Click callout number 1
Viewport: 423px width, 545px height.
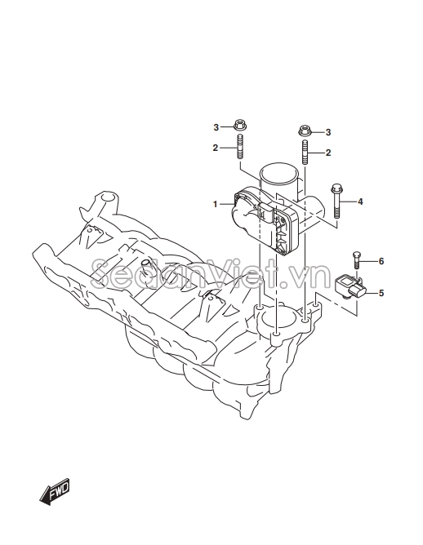[216, 204]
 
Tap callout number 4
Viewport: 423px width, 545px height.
[360, 202]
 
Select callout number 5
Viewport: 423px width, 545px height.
[381, 293]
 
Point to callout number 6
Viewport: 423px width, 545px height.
[381, 261]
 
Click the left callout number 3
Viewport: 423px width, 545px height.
[216, 127]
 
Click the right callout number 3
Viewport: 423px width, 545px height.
[328, 132]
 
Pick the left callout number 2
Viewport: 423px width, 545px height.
[216, 148]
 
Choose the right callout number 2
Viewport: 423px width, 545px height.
[328, 153]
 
